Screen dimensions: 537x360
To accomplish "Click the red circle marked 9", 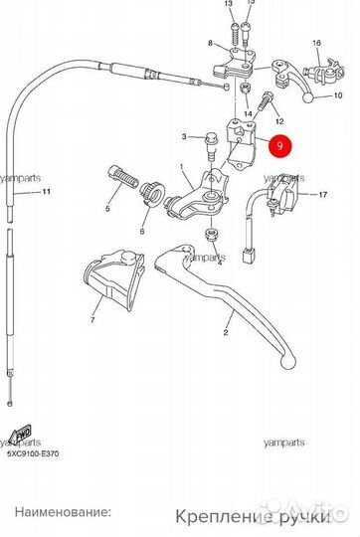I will coord(281,145).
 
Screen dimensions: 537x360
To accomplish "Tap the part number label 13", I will coord(229,5).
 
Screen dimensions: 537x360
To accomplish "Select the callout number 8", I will coord(210,44).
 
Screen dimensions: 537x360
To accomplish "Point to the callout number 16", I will coord(316,45).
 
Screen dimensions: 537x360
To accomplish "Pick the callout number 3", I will coord(184,135).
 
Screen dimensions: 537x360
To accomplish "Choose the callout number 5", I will coord(107,211).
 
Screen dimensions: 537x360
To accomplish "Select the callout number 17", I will coord(323,196).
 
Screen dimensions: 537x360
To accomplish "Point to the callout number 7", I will coord(92,322).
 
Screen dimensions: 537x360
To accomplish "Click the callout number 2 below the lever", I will coord(226,334).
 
